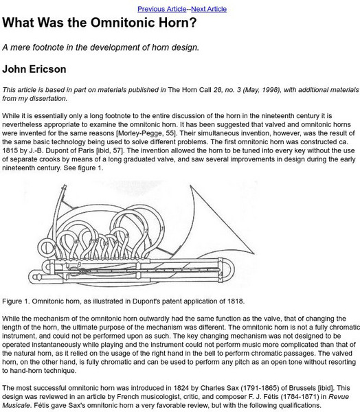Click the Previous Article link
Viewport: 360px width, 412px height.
pyautogui.click(x=161, y=8)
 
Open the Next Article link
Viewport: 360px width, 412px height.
pyautogui.click(x=207, y=8)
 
